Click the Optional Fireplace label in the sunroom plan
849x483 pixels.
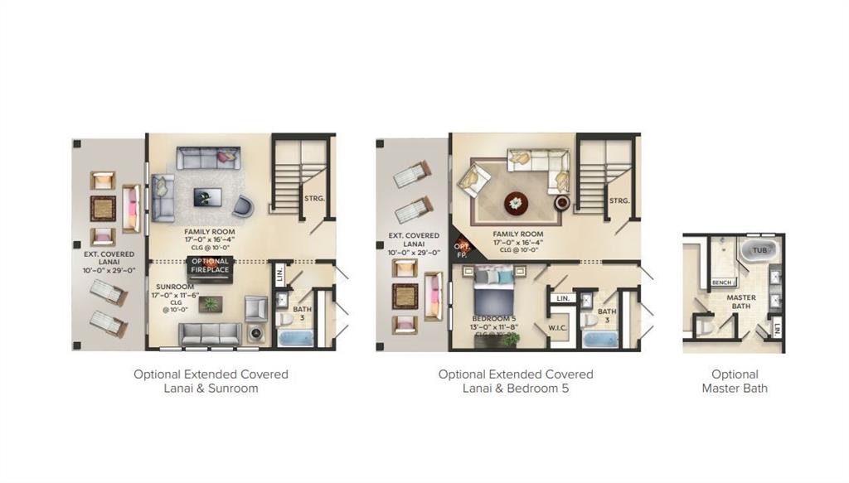(x=211, y=265)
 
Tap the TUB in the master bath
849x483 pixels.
(x=759, y=249)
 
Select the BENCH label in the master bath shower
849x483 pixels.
(x=721, y=283)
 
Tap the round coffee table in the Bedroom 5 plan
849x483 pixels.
(x=516, y=201)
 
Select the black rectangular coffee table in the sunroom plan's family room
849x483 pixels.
(x=207, y=197)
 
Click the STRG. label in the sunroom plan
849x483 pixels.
(x=313, y=198)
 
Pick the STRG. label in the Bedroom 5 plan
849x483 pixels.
(x=619, y=200)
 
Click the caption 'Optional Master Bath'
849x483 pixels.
(x=735, y=381)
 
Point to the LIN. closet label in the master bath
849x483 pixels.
(x=777, y=330)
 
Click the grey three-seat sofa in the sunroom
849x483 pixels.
(x=211, y=333)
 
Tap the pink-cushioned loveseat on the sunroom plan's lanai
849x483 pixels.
(x=132, y=208)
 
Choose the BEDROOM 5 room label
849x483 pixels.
(x=493, y=318)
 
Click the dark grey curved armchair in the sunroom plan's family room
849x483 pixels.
(x=243, y=205)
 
